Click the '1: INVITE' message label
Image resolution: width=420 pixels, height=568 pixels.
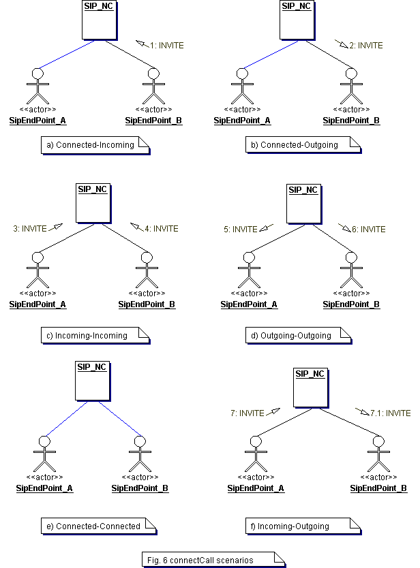[166, 46]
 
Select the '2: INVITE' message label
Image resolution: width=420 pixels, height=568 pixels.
[365, 46]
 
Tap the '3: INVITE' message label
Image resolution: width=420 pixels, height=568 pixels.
[29, 229]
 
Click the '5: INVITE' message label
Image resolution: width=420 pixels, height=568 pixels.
[239, 230]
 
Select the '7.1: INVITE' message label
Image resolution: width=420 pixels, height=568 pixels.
[390, 413]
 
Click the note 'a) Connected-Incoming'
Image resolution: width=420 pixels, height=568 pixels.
[95, 145]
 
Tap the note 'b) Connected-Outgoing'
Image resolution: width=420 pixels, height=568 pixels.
[299, 145]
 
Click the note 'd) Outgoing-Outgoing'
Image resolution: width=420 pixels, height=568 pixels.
[296, 335]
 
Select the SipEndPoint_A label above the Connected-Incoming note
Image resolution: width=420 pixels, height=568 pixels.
[38, 121]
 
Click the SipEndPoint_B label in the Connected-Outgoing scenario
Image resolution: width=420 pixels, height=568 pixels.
[351, 121]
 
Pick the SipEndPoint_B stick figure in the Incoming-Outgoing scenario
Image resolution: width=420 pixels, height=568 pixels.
[378, 456]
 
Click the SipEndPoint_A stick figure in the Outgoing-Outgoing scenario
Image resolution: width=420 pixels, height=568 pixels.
[249, 272]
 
